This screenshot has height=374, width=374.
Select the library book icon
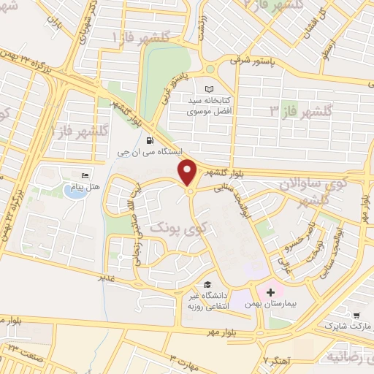(211, 85)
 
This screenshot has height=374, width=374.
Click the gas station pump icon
(150, 141)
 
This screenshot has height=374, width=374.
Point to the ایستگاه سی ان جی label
(145, 154)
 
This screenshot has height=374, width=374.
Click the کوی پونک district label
(173, 228)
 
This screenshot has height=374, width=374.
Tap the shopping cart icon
(356, 316)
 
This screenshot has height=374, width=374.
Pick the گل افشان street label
(320, 21)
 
